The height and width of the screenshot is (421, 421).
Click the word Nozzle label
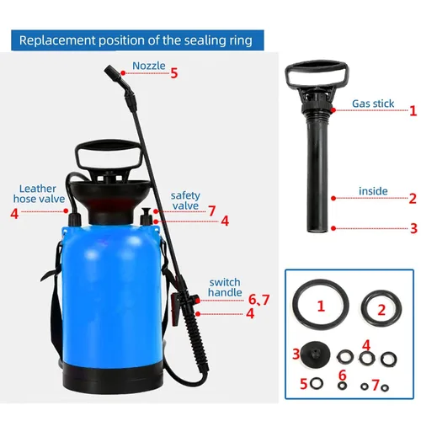[149, 66]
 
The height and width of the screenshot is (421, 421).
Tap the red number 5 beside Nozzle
[174, 73]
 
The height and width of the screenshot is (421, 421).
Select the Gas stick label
[373, 104]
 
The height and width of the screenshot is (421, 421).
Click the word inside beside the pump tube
[373, 191]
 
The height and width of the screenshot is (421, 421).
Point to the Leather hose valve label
[39, 194]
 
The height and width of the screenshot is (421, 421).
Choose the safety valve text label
[185, 200]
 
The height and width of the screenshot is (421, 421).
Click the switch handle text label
[225, 287]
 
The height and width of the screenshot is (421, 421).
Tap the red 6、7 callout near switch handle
[258, 300]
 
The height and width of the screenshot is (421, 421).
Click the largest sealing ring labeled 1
[295, 305]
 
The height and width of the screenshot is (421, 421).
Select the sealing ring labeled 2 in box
[363, 309]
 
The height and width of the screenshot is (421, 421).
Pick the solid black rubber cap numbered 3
[315, 354]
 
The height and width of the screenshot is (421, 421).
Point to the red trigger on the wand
[176, 309]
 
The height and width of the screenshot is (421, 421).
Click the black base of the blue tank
[112, 376]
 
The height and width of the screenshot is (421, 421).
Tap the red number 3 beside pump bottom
[413, 228]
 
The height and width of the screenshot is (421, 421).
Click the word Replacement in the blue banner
[57, 40]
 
